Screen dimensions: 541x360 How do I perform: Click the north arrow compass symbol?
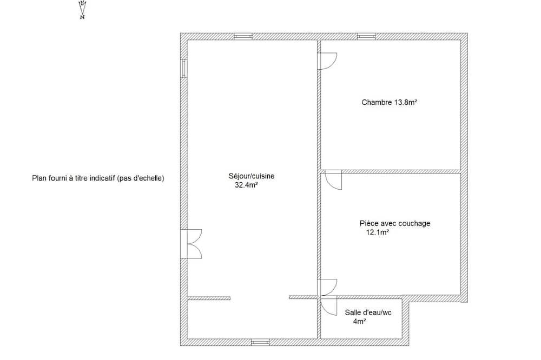point(82,10)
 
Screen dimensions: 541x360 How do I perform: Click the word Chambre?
point(377,102)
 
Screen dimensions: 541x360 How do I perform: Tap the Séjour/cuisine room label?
point(252,176)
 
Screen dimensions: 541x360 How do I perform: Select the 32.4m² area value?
point(247,185)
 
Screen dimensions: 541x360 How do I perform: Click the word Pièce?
point(368,223)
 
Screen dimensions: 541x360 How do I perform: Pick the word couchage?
point(414,224)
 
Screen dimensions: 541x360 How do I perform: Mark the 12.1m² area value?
point(378,232)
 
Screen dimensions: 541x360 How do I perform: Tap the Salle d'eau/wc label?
point(368,313)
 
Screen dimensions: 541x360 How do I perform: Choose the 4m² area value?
point(360,322)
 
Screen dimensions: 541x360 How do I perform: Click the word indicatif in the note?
point(102,178)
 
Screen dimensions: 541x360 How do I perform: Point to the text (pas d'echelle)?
point(141,178)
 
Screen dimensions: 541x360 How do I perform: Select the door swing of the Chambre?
point(327,62)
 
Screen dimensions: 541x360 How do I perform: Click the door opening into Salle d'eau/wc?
point(328,306)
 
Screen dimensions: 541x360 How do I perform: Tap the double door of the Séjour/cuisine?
point(191,244)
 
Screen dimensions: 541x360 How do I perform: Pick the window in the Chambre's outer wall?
point(366,36)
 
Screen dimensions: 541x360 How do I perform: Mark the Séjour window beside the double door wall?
point(184,68)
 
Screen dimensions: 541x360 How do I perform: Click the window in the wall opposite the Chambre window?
point(260,342)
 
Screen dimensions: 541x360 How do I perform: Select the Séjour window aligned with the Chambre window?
point(243,36)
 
